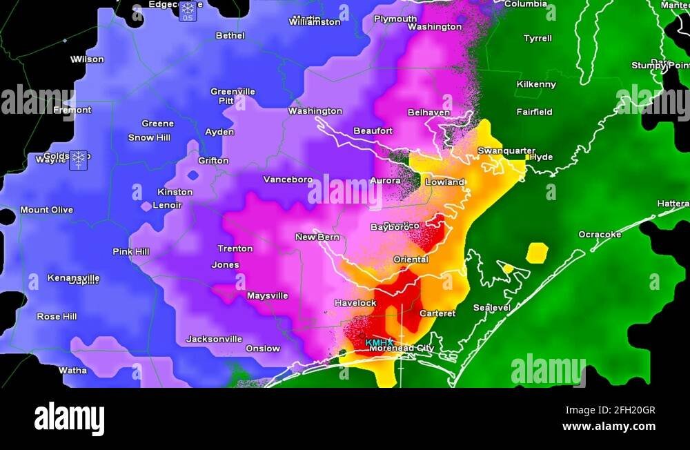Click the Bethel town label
(230, 36)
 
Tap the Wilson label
(87, 59)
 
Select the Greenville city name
(233, 92)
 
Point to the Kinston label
(175, 192)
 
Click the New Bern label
(317, 237)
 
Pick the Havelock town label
(355, 303)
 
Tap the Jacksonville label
(214, 339)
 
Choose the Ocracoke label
(599, 235)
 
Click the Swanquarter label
(506, 151)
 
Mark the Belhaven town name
(428, 112)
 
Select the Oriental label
(411, 260)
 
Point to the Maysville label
(268, 296)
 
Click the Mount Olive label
(47, 210)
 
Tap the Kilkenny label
(536, 85)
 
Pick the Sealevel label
(492, 308)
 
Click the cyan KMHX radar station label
(379, 342)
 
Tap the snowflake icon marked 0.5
(188, 10)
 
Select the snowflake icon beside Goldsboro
(79, 159)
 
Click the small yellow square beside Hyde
(528, 157)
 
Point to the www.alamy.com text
(609, 427)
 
